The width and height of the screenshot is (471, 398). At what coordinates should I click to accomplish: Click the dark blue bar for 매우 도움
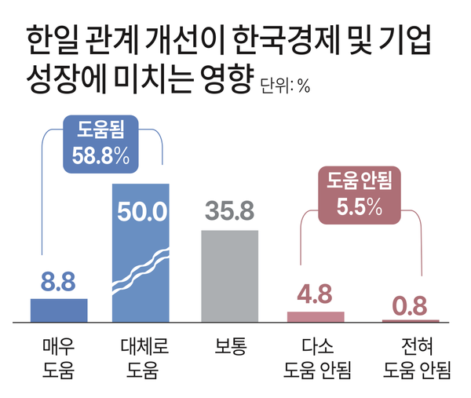pyautogui.click(x=59, y=310)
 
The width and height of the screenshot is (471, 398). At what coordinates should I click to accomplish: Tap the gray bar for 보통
pyautogui.click(x=230, y=275)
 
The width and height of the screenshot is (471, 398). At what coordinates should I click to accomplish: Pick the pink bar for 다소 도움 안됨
pyautogui.click(x=316, y=316)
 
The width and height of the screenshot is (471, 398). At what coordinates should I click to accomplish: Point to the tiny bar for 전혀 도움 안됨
pyautogui.click(x=411, y=320)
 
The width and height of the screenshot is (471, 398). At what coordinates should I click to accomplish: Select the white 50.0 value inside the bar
pyautogui.click(x=141, y=212)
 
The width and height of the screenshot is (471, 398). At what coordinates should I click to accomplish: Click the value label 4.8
pyautogui.click(x=316, y=296)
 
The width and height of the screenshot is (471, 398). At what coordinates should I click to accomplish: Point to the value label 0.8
pyautogui.click(x=411, y=304)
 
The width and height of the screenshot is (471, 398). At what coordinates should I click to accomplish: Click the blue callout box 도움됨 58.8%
pyautogui.click(x=100, y=144)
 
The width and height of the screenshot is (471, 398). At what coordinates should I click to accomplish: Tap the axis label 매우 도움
pyautogui.click(x=59, y=356)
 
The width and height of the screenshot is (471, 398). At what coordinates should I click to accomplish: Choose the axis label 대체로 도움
pyautogui.click(x=141, y=356)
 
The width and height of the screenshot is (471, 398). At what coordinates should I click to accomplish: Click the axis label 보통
pyautogui.click(x=230, y=346)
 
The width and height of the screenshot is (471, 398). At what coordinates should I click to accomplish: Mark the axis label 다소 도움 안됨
pyautogui.click(x=316, y=356)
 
